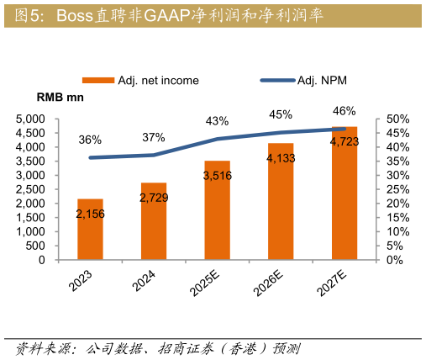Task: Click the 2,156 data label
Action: [90, 214]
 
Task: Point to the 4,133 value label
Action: [281, 156]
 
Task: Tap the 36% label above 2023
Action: [90, 140]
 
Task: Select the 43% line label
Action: [217, 121]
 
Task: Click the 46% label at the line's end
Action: [344, 110]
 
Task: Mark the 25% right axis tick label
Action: [397, 189]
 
